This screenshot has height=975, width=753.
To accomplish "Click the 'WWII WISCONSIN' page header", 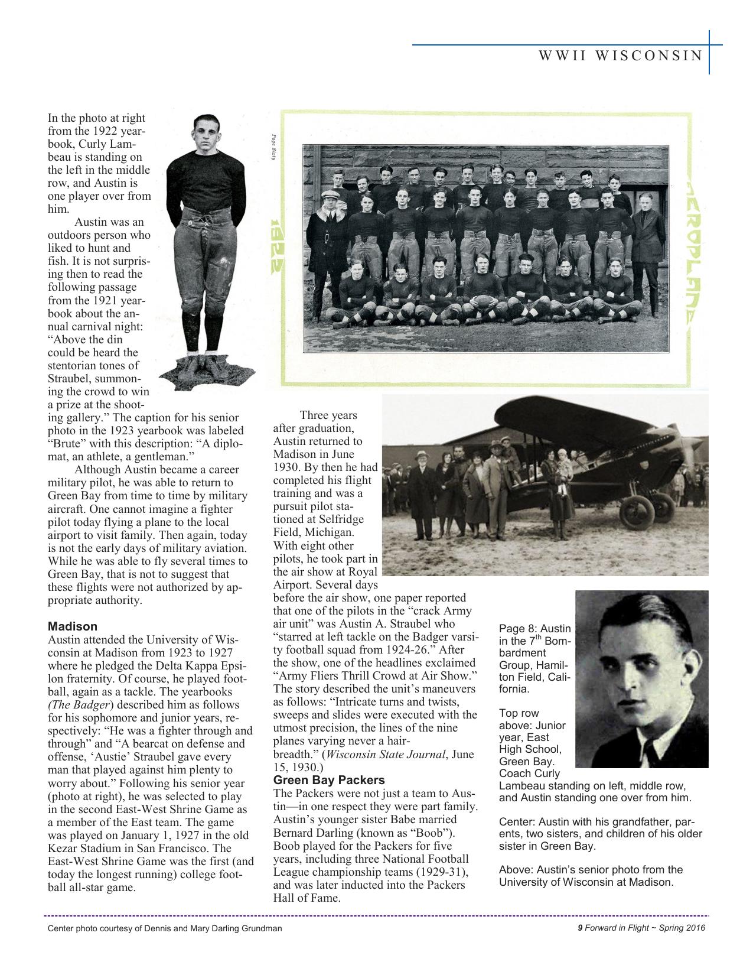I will tap(621, 56).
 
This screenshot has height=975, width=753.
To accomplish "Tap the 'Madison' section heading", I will tap(73, 626).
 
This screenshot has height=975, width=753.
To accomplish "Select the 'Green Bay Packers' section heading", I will tap(329, 780).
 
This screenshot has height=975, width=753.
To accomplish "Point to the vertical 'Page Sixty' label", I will tap(274, 149).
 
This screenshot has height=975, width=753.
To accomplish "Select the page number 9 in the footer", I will tap(580, 928).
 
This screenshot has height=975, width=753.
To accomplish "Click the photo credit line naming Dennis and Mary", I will tap(165, 928).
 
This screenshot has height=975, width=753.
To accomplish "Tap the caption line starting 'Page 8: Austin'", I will tap(534, 629).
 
